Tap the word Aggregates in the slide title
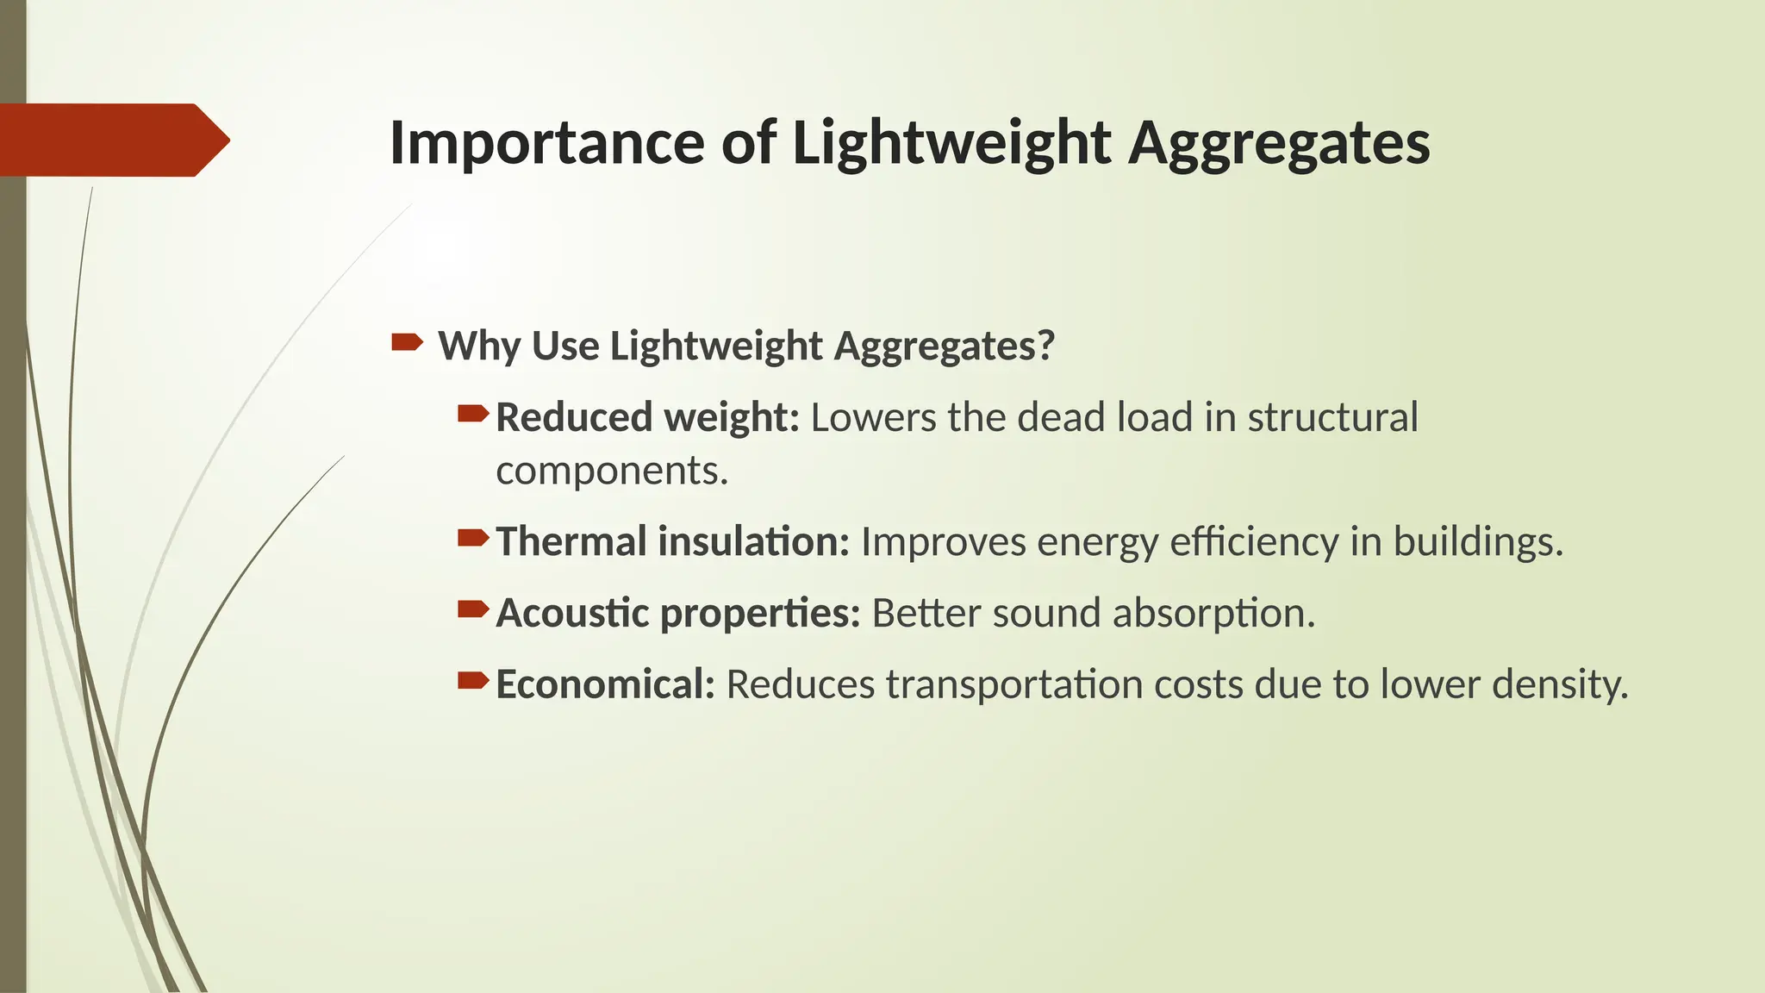[1279, 142]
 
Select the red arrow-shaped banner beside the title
[112, 140]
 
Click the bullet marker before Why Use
[407, 344]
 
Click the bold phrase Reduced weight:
[647, 417]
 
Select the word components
[610, 471]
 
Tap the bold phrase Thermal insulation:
[672, 542]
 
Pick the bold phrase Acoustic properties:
[677, 614]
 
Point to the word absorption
[1212, 614]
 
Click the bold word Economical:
[605, 685]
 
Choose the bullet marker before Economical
[472, 682]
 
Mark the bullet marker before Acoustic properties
[472, 610]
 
